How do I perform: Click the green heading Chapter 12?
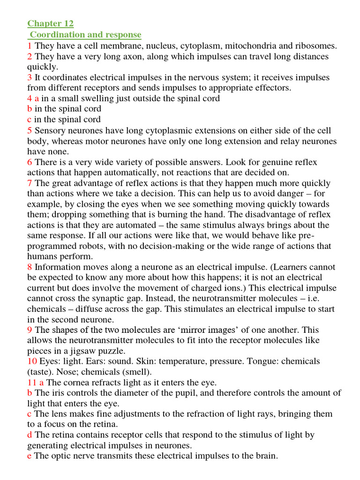tap(50, 24)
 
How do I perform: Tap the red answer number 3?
tap(30, 78)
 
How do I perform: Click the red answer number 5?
tap(30, 130)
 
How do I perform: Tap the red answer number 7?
tap(30, 183)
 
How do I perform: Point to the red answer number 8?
tap(30, 267)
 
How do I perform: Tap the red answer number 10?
tap(32, 361)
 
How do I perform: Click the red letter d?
tap(30, 435)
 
